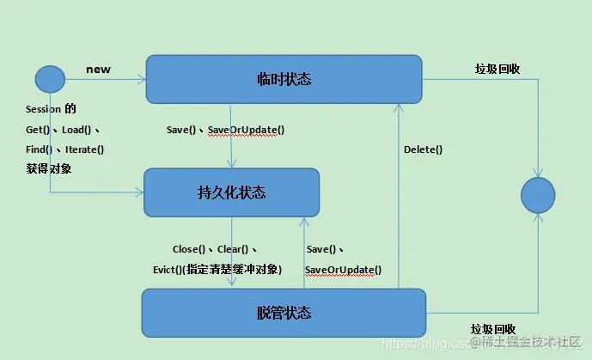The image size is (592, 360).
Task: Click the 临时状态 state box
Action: point(284,79)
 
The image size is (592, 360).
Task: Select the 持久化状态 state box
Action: point(231,192)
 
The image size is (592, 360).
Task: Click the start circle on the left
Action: point(50,80)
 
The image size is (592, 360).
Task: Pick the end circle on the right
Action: point(538,195)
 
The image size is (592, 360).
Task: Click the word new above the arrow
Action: point(98,69)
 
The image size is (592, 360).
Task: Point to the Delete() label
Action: point(423,149)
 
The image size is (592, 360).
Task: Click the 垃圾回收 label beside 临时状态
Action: point(497,69)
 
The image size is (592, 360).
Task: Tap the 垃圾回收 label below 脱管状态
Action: point(493,329)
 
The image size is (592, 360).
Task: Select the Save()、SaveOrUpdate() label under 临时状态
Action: point(225,130)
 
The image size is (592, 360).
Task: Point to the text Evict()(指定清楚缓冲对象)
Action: point(217,269)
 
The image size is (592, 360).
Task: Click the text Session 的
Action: point(51,109)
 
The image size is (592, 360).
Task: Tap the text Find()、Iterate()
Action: point(65,149)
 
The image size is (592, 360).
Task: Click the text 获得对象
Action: point(48,168)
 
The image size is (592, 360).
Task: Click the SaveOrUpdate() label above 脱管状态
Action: point(343,270)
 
